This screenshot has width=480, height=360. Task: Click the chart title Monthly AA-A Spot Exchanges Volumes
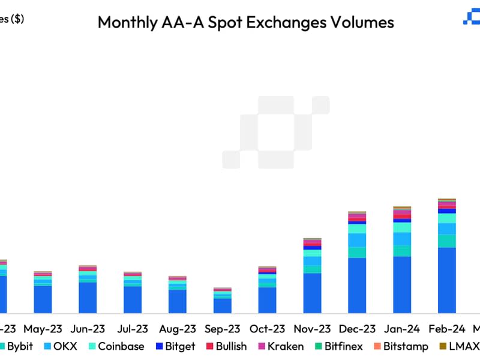245,22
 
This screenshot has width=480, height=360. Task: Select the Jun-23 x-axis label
88,329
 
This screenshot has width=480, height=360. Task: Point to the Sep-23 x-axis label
222,329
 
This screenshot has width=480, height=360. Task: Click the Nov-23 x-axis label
312,329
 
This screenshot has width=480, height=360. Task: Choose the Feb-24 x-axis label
447,329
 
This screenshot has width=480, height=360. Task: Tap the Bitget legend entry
176,346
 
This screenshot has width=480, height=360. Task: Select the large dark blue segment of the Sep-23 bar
222,305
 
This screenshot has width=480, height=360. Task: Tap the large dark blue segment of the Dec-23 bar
357,286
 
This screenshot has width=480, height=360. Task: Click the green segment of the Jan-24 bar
402,251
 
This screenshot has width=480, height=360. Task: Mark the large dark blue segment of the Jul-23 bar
133,299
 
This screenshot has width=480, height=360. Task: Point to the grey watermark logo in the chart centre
276,132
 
